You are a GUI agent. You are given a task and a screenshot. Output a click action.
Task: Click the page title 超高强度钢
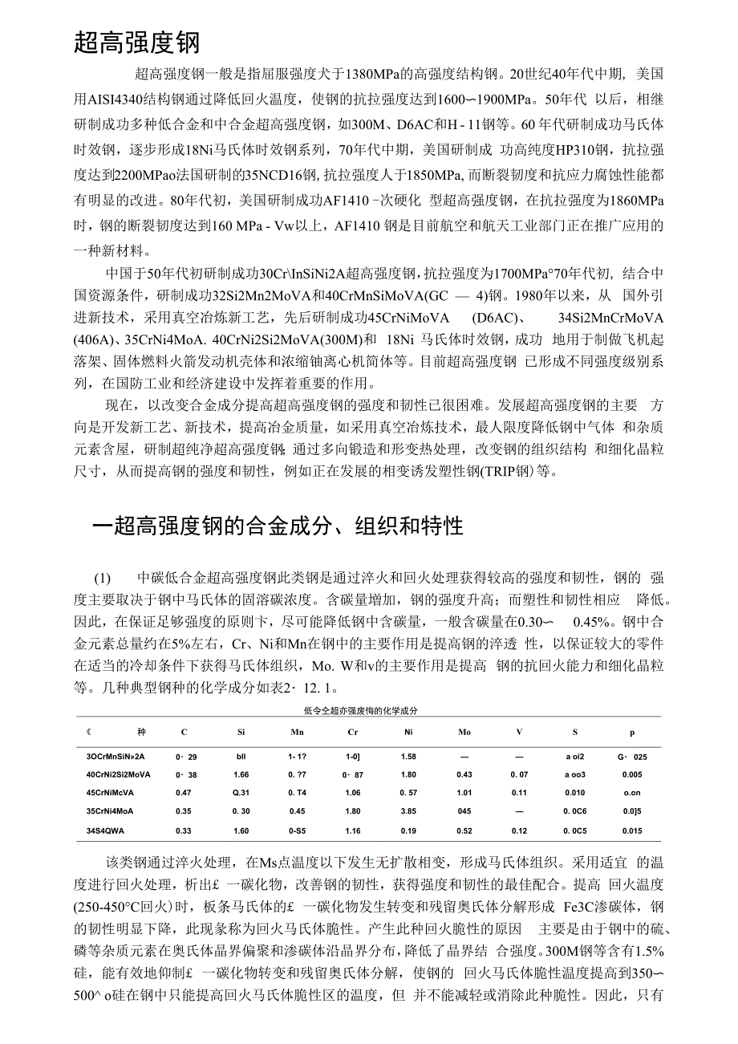pyautogui.click(x=136, y=42)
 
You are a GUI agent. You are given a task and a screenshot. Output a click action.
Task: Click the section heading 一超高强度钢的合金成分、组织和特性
pyautogui.click(x=278, y=526)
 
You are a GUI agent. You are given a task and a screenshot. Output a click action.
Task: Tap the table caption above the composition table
pyautogui.click(x=361, y=711)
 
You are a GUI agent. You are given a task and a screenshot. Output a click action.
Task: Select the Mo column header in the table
pyautogui.click(x=464, y=733)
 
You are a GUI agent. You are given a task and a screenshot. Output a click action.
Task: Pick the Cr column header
pyautogui.click(x=352, y=733)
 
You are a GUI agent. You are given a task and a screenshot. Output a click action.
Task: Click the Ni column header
pyautogui.click(x=408, y=733)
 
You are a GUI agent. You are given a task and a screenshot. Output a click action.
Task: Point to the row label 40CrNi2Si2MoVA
pyautogui.click(x=119, y=775)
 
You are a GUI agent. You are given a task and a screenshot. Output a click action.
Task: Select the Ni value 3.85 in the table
pyautogui.click(x=408, y=811)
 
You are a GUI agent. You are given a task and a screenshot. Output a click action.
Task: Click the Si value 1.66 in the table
pyautogui.click(x=241, y=775)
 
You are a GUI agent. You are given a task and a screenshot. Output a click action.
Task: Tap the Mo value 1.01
pyautogui.click(x=464, y=794)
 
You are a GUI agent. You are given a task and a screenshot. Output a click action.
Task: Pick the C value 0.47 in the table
pyautogui.click(x=184, y=794)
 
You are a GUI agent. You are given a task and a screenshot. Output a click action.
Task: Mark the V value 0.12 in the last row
pyautogui.click(x=519, y=831)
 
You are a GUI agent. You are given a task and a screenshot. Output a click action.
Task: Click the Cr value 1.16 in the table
pyautogui.click(x=352, y=831)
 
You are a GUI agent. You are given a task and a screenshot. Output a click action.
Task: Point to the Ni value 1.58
pyautogui.click(x=408, y=757)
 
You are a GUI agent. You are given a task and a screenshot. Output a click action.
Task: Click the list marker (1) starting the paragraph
pyautogui.click(x=102, y=578)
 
